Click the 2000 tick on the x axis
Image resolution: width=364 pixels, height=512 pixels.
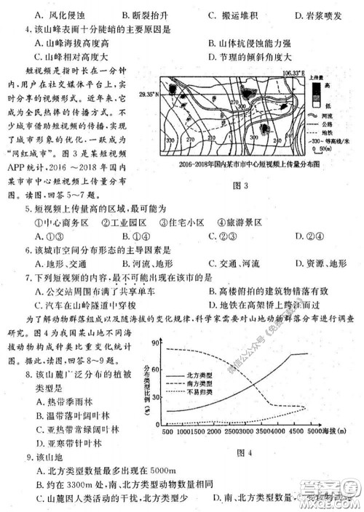pos(215,432)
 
